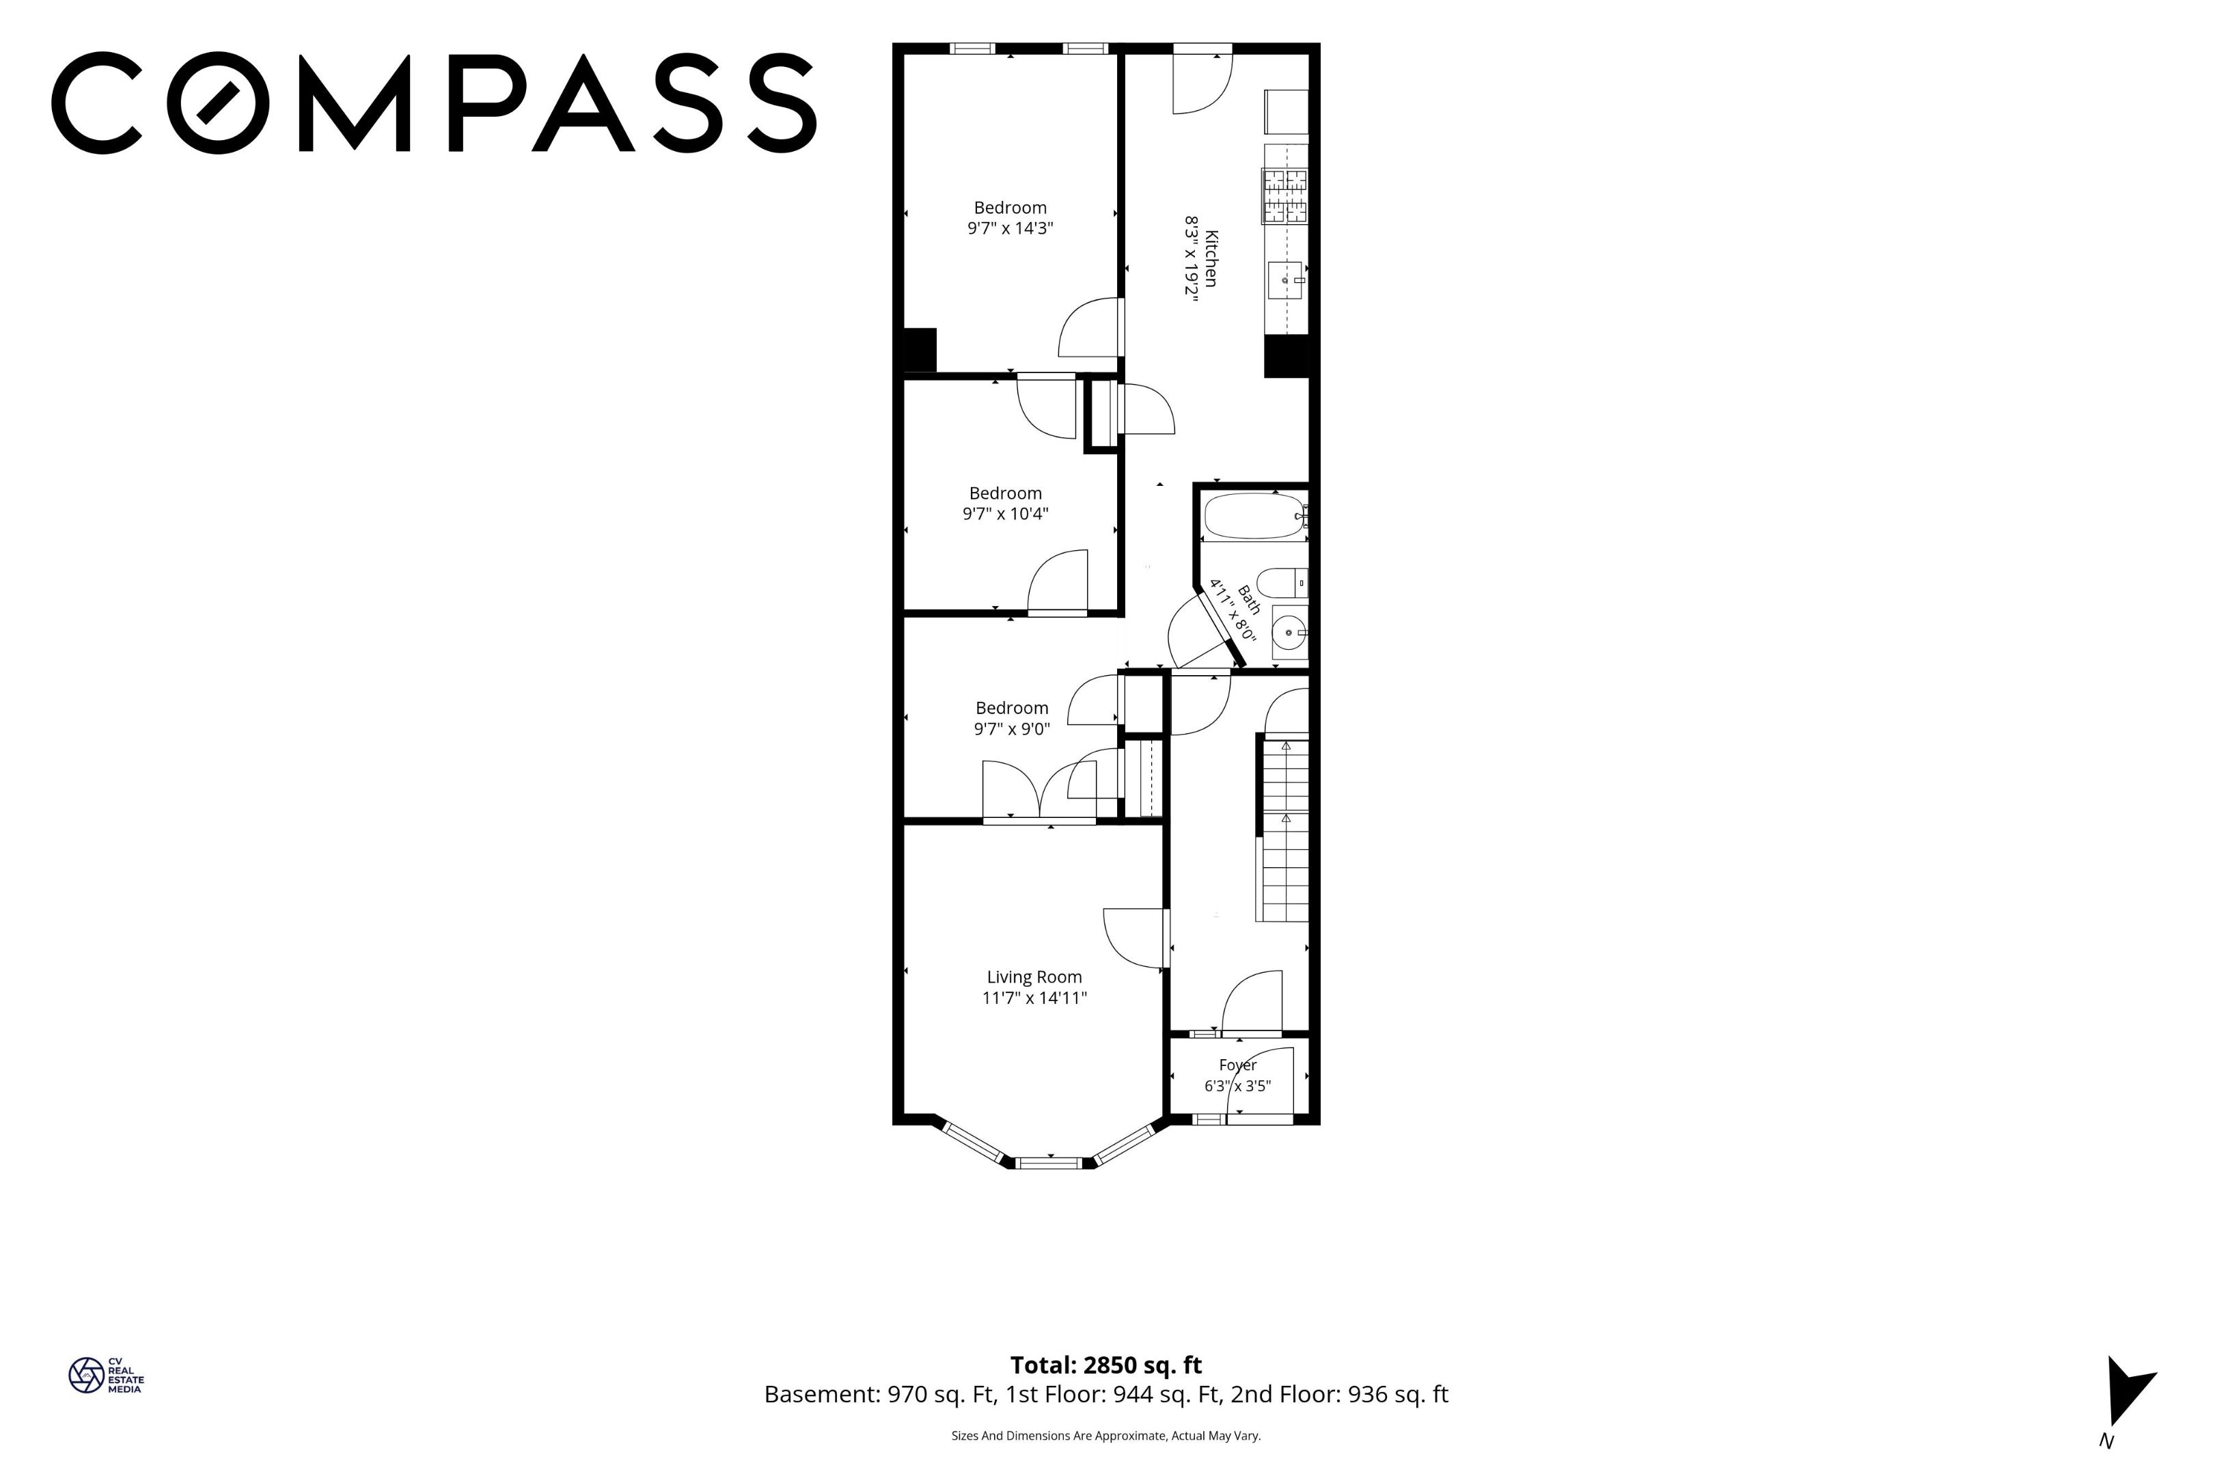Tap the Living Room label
click(x=1034, y=977)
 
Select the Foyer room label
click(x=1237, y=1065)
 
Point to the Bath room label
click(x=1248, y=600)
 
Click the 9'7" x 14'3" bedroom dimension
click(x=1010, y=228)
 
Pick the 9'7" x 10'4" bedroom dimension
click(x=1005, y=514)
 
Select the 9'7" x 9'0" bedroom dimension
click(x=1011, y=728)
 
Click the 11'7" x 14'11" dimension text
click(x=1034, y=998)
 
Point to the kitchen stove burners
click(x=1285, y=196)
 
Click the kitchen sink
click(x=1285, y=279)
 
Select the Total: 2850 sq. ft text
click(x=1105, y=1365)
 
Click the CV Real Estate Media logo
click(x=105, y=1376)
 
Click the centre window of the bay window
click(x=1050, y=1162)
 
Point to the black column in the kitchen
click(x=1287, y=356)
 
